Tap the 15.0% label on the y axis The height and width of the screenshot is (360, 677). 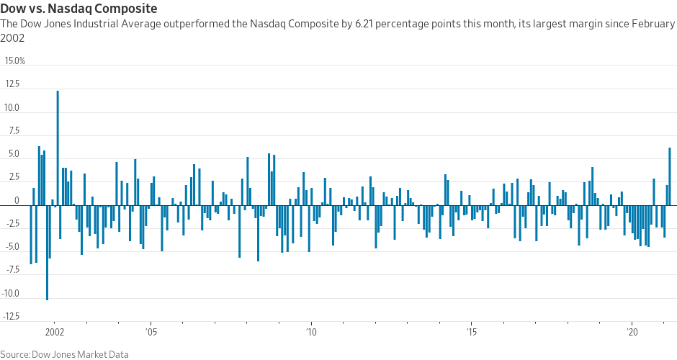point(15,61)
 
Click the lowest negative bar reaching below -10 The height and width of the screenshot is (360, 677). point(47,252)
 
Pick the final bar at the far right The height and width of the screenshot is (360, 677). point(670,176)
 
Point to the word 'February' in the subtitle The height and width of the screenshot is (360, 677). point(652,24)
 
